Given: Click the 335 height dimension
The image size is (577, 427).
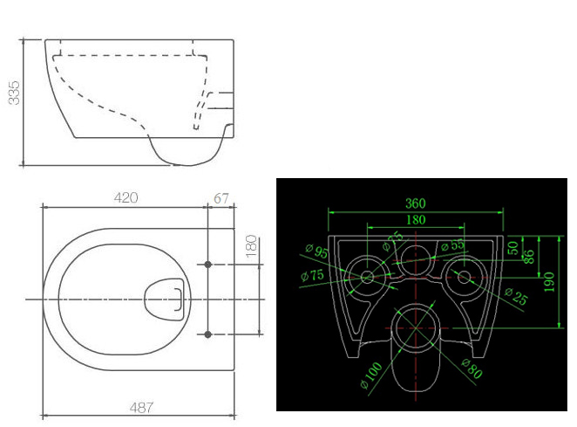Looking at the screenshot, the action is [x=14, y=93].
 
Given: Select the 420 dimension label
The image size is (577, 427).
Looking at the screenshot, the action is [x=126, y=197].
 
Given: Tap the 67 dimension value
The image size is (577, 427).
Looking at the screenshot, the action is [x=221, y=198].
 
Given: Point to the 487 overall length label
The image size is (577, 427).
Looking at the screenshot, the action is [x=142, y=408].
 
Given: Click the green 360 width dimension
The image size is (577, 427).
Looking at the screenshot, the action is [x=416, y=203].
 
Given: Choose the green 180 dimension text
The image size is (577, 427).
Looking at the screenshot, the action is [x=416, y=220].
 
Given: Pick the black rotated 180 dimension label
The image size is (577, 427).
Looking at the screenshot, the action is [x=251, y=246].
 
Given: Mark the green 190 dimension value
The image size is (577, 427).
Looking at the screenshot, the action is [x=549, y=282].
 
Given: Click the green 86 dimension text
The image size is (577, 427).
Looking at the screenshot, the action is [x=528, y=257].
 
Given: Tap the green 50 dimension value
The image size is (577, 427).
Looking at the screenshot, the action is [x=513, y=248].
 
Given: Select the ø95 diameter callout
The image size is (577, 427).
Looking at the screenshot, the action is [x=316, y=251].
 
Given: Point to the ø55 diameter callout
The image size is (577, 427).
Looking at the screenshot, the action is [x=452, y=244].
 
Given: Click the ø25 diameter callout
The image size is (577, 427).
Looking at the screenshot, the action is [x=516, y=296].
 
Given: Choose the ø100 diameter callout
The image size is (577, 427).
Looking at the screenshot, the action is [x=371, y=375].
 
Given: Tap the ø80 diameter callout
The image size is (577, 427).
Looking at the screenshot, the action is [x=472, y=368].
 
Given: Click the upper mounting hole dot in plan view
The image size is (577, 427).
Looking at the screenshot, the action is [x=208, y=265].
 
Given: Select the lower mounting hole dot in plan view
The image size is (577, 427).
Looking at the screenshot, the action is [x=208, y=334].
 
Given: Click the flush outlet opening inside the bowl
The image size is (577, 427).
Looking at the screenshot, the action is [x=165, y=299].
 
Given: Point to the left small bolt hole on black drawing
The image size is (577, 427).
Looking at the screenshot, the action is [x=367, y=277].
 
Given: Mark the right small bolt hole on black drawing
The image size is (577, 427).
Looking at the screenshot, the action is [x=465, y=277].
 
